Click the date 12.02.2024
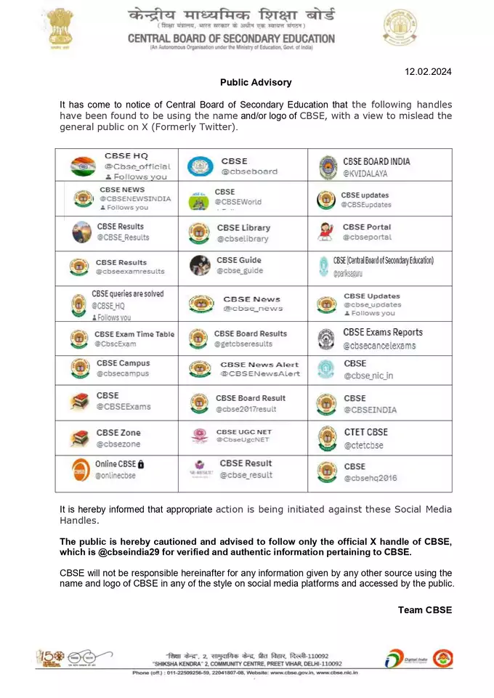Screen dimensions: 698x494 [x=429, y=71]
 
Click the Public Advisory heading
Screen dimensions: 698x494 [x=256, y=83]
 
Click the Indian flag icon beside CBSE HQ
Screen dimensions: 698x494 [x=83, y=166]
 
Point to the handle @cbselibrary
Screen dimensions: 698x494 [x=243, y=238]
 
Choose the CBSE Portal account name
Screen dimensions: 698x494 [x=366, y=227]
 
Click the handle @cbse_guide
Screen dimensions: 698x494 [x=238, y=271]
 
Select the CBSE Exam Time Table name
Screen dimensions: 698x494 [x=134, y=334]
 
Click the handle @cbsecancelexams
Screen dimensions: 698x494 [x=379, y=346]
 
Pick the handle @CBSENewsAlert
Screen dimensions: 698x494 [x=260, y=373]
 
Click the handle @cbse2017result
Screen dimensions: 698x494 [x=246, y=410]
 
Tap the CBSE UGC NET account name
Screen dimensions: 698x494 [x=243, y=431]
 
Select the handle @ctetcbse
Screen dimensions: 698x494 [x=363, y=445]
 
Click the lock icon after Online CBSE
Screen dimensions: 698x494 [x=141, y=464]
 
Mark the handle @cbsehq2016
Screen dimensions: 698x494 [x=370, y=478]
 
